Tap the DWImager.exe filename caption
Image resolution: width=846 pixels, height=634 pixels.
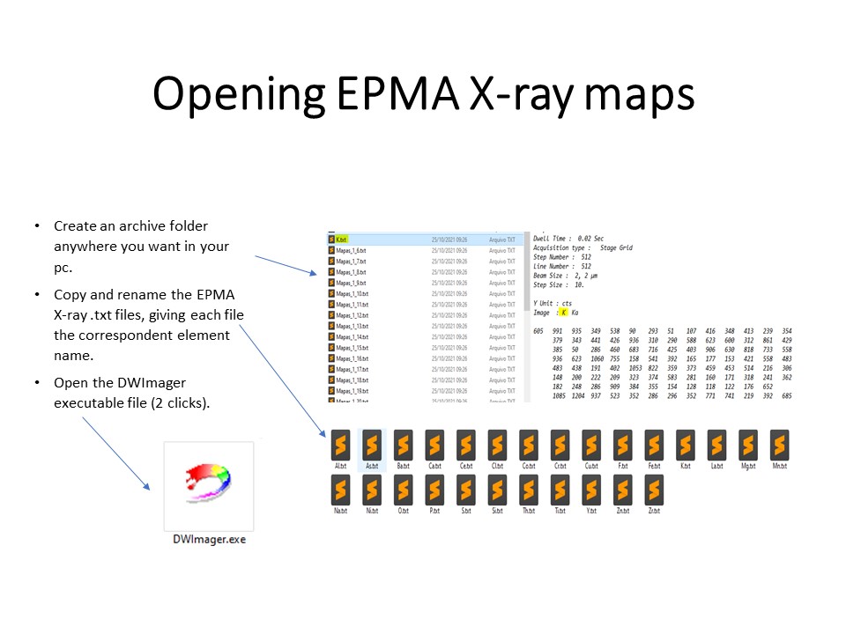(x=209, y=539)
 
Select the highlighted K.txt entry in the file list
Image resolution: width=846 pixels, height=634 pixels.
(x=340, y=239)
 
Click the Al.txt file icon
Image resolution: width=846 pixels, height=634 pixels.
(x=340, y=443)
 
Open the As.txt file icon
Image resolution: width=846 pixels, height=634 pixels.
(x=372, y=443)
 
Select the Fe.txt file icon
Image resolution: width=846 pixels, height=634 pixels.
(x=654, y=443)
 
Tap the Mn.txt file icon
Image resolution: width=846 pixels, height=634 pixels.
(x=779, y=443)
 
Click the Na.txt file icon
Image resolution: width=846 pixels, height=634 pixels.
(x=340, y=490)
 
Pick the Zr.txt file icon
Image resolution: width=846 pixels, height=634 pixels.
(x=654, y=490)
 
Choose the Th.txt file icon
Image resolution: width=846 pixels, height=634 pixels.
(x=529, y=490)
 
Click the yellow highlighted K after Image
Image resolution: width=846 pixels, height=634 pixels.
(x=564, y=313)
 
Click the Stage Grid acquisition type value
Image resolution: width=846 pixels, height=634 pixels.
(x=616, y=248)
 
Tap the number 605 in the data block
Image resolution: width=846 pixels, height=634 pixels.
(x=538, y=330)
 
